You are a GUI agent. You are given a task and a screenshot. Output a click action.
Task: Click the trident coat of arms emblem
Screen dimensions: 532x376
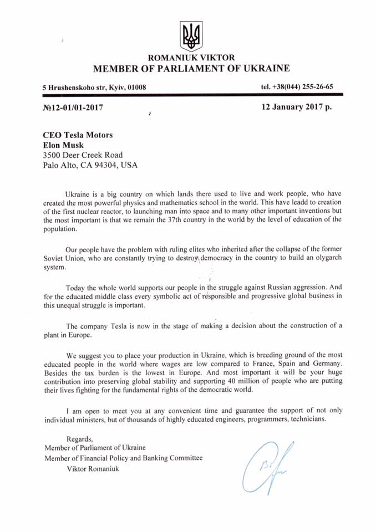192,35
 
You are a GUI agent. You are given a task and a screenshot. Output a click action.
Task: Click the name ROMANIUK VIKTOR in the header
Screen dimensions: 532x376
191,58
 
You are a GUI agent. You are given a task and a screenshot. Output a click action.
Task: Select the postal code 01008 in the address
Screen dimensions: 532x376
136,88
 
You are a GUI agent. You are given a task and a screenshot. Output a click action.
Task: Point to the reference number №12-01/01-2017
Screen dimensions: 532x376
73,108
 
